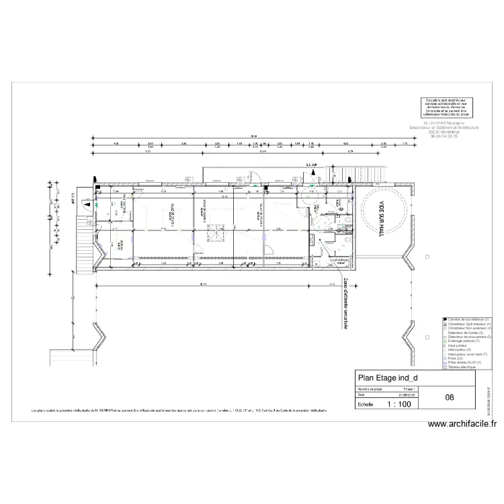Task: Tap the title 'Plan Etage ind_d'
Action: pyautogui.click(x=388, y=378)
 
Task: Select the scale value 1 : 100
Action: pyautogui.click(x=400, y=405)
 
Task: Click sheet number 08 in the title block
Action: pyautogui.click(x=449, y=397)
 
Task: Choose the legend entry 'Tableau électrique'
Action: pyautogui.click(x=463, y=368)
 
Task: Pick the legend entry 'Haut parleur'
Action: pyautogui.click(x=459, y=345)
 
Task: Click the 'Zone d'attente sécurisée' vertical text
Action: pyautogui.click(x=346, y=302)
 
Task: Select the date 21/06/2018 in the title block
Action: pyautogui.click(x=407, y=395)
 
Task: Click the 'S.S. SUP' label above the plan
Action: pyautogui.click(x=311, y=165)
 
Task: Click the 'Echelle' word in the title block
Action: pyautogui.click(x=366, y=405)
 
